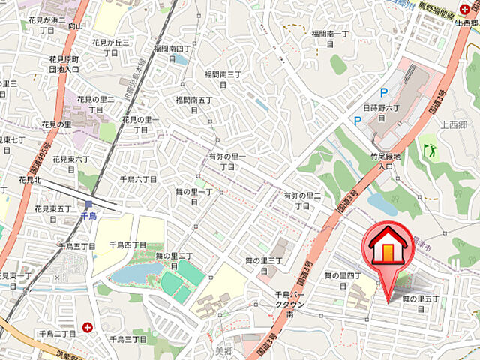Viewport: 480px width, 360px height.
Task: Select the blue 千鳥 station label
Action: (88, 215)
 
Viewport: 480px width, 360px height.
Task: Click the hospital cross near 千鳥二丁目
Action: (89, 327)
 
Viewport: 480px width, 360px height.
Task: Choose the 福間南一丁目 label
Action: (330, 39)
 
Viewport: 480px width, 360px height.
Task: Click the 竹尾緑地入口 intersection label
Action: (386, 161)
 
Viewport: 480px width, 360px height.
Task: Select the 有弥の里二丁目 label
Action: (301, 200)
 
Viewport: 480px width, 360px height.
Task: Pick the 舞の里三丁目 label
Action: (263, 265)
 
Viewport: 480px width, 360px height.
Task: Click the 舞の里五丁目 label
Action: (424, 303)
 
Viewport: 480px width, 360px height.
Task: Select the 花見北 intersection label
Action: (31, 180)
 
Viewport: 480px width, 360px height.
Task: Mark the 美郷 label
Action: (224, 350)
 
